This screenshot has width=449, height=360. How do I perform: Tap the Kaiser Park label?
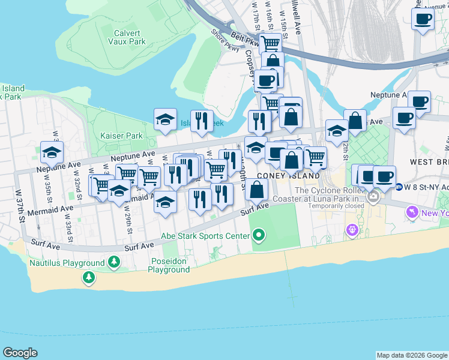122,136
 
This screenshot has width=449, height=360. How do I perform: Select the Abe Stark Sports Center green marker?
259,235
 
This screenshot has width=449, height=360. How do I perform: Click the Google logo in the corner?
20,353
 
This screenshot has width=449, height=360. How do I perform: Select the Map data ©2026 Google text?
411,355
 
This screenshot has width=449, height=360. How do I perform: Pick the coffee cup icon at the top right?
423,19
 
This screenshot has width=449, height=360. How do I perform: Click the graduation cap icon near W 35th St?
52,152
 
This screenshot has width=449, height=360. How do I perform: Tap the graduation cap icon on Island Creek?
165,119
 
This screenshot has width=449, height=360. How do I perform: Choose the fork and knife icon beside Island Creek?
202,121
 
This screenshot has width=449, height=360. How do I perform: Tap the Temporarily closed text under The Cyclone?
336,206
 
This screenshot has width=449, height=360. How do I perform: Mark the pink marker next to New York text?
412,212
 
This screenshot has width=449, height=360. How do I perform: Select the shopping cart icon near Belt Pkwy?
271,43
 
